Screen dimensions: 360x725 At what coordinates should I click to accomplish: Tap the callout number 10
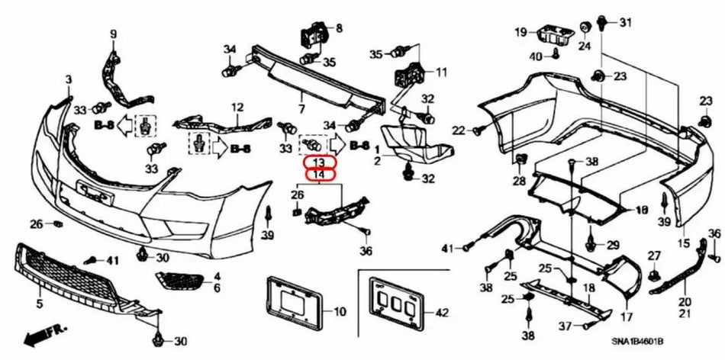(x=340, y=312)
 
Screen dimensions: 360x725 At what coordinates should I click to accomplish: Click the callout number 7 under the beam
(x=301, y=98)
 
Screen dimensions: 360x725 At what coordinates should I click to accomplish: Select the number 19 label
(x=520, y=32)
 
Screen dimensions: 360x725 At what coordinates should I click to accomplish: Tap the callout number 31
(x=626, y=22)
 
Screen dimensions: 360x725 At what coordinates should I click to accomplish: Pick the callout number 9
(x=114, y=34)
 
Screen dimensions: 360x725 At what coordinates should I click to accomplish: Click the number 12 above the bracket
(x=237, y=108)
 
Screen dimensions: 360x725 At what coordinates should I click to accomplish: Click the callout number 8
(x=338, y=28)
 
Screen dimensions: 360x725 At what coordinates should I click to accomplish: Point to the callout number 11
(x=440, y=72)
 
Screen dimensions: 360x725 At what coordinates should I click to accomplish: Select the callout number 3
(x=68, y=79)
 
